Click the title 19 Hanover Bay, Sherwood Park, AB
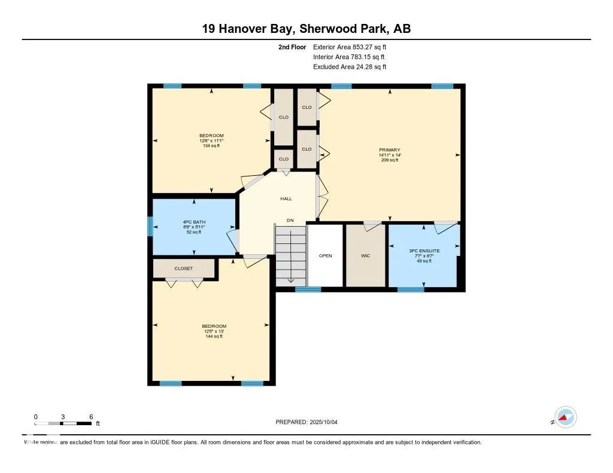(306, 29)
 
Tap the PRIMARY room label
(389, 150)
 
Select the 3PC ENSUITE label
(425, 251)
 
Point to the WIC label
(365, 256)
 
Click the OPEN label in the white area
(325, 256)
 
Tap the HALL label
(286, 199)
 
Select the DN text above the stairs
(290, 221)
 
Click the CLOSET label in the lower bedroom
(184, 268)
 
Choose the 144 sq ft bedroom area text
(213, 336)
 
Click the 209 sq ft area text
(389, 160)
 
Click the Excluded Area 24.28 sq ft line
(350, 67)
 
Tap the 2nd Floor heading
(293, 47)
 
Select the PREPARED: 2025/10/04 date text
(310, 422)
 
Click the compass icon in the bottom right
(565, 417)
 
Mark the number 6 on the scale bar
(91, 416)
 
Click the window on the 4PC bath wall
(150, 226)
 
